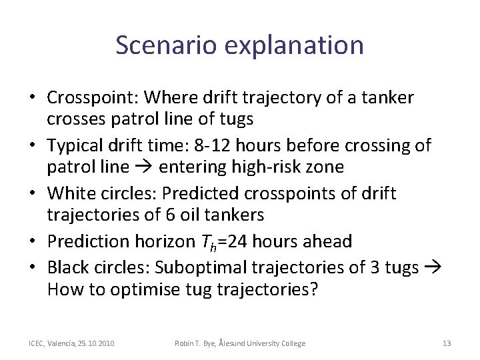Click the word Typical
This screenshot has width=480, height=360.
tap(75, 145)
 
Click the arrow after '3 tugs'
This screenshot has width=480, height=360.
tap(431, 267)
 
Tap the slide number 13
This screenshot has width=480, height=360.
tap(447, 343)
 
